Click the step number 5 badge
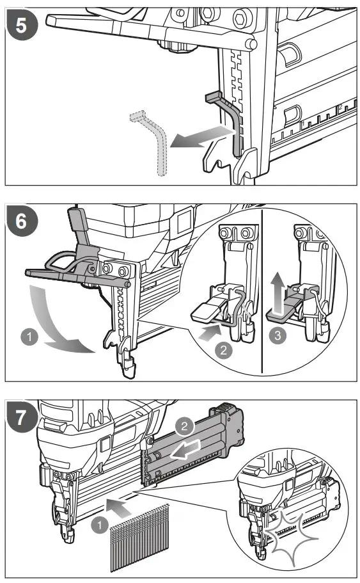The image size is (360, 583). [x=22, y=25]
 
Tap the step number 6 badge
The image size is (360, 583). [x=22, y=221]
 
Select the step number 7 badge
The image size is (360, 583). [x=22, y=417]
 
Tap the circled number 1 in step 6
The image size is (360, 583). [x=29, y=337]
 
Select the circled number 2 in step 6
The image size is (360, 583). [x=223, y=350]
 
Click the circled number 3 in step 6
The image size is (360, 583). [x=278, y=335]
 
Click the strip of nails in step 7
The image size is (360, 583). [x=139, y=538]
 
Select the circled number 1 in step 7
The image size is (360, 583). [x=100, y=525]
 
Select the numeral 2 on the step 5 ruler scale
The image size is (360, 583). [x=340, y=107]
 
